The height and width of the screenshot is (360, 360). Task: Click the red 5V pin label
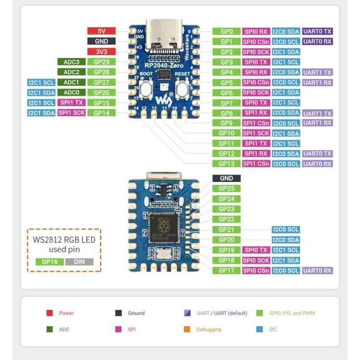tap(101, 31)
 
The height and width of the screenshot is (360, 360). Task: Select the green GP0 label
tap(227, 31)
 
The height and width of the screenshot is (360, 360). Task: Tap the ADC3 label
tap(71, 62)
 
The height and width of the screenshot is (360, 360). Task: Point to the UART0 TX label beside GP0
tap(317, 31)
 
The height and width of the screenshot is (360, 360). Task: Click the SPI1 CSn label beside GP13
tap(256, 164)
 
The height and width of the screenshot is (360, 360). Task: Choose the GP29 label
tap(101, 62)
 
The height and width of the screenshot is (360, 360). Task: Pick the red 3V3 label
tap(101, 52)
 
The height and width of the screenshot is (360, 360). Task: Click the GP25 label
tap(227, 188)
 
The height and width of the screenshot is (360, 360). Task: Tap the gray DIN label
tap(79, 262)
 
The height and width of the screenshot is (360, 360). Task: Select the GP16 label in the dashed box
tap(50, 262)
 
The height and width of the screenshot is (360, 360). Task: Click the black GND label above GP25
tap(227, 178)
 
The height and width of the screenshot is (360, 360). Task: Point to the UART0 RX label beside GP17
tap(317, 271)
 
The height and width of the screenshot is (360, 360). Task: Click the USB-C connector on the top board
tap(162, 33)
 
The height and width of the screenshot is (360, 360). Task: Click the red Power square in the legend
tap(50, 313)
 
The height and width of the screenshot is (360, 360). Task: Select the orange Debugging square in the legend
tap(187, 329)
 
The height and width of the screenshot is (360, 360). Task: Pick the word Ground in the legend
tap(136, 313)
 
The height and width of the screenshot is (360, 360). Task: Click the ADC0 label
tap(71, 92)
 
